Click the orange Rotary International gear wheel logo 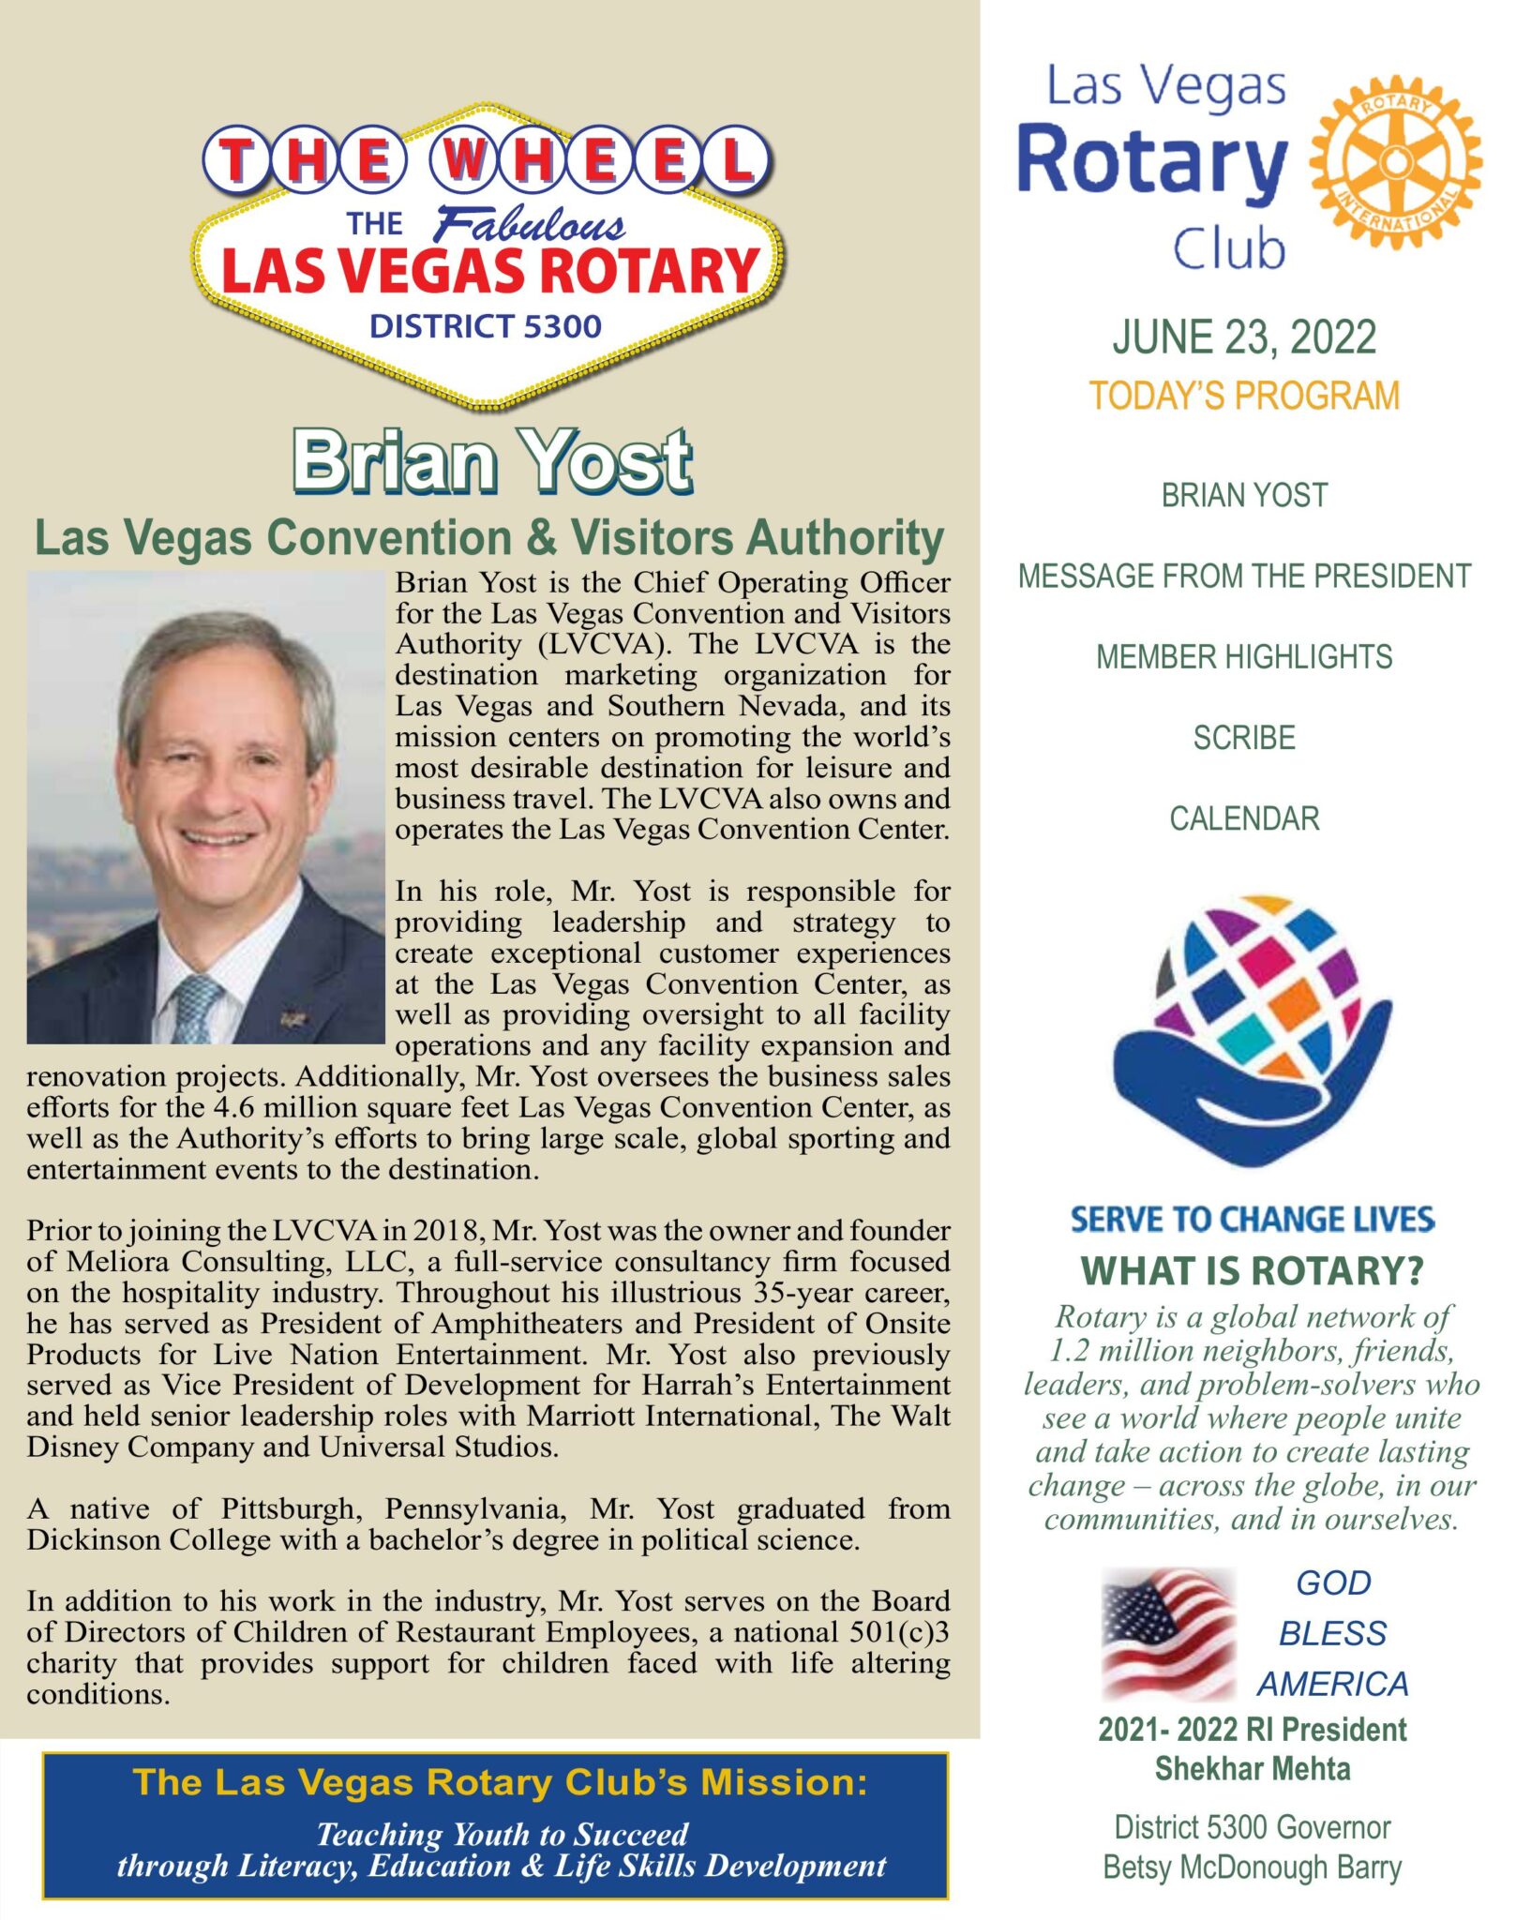click(x=1394, y=161)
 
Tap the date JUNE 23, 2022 click(x=1243, y=337)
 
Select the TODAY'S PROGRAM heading click(x=1243, y=397)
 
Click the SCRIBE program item click(x=1243, y=738)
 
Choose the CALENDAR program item click(x=1243, y=818)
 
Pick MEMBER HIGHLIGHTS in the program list click(x=1243, y=657)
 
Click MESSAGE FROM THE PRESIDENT click(x=1243, y=576)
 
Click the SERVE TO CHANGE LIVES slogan click(x=1252, y=1219)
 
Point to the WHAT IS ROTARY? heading click(x=1252, y=1271)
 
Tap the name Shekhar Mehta click(x=1252, y=1769)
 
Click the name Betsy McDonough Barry click(x=1252, y=1867)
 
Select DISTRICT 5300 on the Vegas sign click(x=485, y=326)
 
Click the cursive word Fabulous click(x=530, y=225)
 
